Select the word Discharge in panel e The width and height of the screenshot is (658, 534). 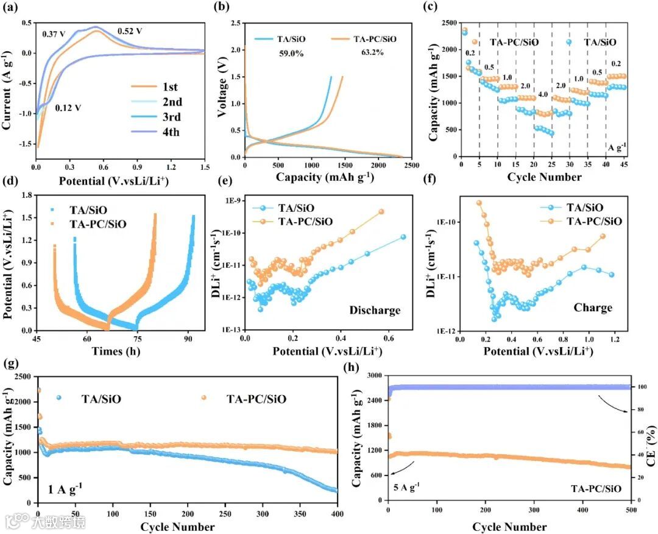tap(375, 310)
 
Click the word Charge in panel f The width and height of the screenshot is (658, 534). tap(593, 307)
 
